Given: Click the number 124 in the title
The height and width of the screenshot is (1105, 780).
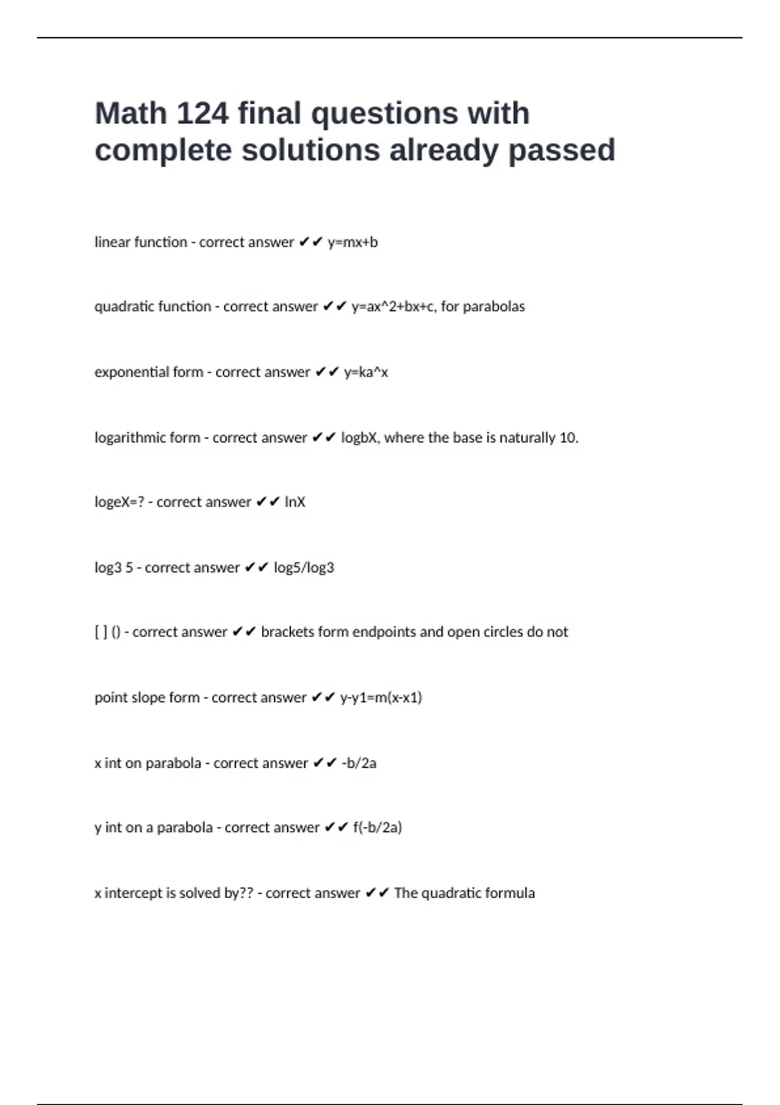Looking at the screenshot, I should pos(202,114).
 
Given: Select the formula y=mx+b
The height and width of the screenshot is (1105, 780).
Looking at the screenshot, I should pos(353,242).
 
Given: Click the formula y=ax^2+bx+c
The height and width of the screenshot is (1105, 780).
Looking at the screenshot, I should pos(393,307).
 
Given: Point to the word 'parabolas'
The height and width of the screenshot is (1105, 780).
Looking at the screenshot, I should pos(493,307).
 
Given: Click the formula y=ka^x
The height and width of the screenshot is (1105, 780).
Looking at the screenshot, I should pos(366,372).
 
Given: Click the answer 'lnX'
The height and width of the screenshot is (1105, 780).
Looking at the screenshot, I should pos(295,502).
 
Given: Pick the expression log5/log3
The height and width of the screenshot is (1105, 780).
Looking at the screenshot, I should pos(304,567).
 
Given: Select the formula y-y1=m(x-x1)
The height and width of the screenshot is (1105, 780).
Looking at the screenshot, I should pos(381,697).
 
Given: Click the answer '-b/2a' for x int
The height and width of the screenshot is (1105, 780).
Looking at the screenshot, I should pos(359,763).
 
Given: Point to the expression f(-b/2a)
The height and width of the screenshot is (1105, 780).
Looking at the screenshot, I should pos(377,827).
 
